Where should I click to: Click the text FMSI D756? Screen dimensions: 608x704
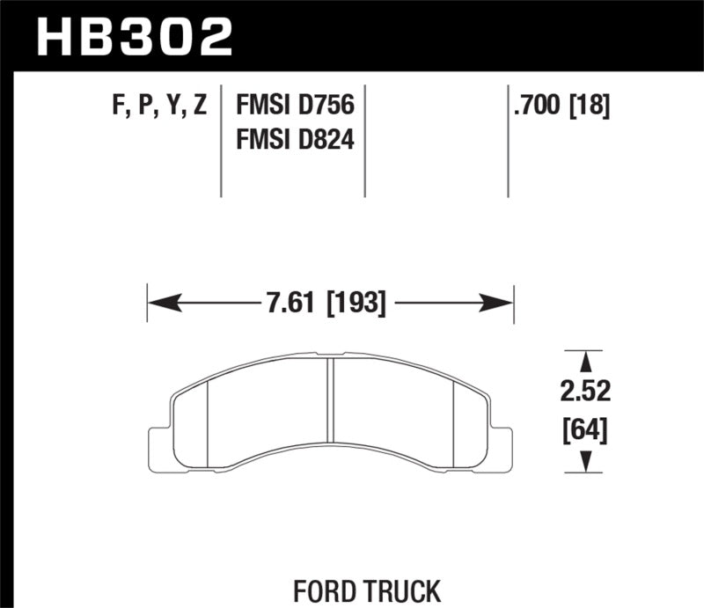click(x=293, y=106)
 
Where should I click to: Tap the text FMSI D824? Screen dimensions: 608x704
click(x=293, y=139)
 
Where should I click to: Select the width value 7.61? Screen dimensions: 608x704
click(x=294, y=304)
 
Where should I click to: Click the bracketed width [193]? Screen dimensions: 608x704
click(x=356, y=304)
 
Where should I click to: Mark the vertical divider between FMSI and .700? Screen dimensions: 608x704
click(x=508, y=141)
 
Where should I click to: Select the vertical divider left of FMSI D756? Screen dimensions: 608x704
click(x=220, y=141)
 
